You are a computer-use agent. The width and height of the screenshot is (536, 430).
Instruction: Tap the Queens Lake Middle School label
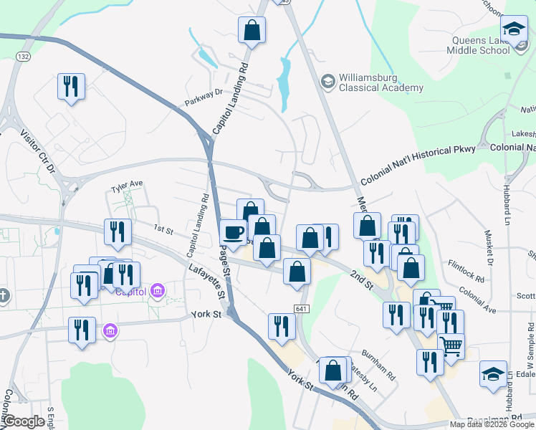[x=478, y=46]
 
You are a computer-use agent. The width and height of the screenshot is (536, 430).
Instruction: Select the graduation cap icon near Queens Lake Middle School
[x=513, y=29]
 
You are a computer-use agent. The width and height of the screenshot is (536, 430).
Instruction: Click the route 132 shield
[x=23, y=55]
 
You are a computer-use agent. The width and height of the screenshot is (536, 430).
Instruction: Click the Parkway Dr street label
[x=204, y=93]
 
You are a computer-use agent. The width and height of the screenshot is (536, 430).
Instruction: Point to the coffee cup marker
[x=233, y=232]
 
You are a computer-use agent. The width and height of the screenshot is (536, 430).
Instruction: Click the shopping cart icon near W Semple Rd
[x=451, y=347]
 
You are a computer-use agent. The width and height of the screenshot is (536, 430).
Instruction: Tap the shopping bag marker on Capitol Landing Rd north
[x=252, y=30]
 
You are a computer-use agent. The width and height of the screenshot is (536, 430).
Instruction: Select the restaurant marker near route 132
[x=71, y=87]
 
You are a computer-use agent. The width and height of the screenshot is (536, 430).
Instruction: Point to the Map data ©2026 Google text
[x=492, y=424]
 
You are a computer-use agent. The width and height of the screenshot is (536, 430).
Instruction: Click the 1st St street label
[x=164, y=230]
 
